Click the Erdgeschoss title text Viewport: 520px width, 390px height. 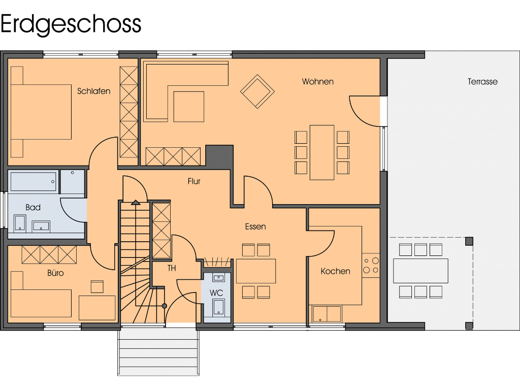pos(71,24)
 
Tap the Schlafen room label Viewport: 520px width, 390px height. pos(94,91)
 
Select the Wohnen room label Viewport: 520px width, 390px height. pos(317,81)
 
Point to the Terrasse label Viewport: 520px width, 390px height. pos(482,81)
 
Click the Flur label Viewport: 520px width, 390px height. pos(194,181)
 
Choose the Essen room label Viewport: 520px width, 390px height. pos(255,226)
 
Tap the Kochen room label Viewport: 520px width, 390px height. pos(335,271)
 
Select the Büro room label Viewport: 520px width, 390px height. pos(55,273)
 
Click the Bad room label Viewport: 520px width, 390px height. pos(33,207)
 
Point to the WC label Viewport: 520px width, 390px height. pos(216,293)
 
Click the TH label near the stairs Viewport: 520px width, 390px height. pos(172,268)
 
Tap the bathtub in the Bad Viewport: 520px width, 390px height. pos(34,181)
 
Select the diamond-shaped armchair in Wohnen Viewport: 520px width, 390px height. pos(257,91)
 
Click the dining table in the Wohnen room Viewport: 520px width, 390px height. pos(322,152)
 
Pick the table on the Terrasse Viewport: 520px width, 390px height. pos(420,271)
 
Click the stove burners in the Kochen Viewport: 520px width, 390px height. pos(371,265)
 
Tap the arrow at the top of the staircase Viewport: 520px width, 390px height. pos(135,203)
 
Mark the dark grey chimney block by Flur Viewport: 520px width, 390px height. pos(219,155)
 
